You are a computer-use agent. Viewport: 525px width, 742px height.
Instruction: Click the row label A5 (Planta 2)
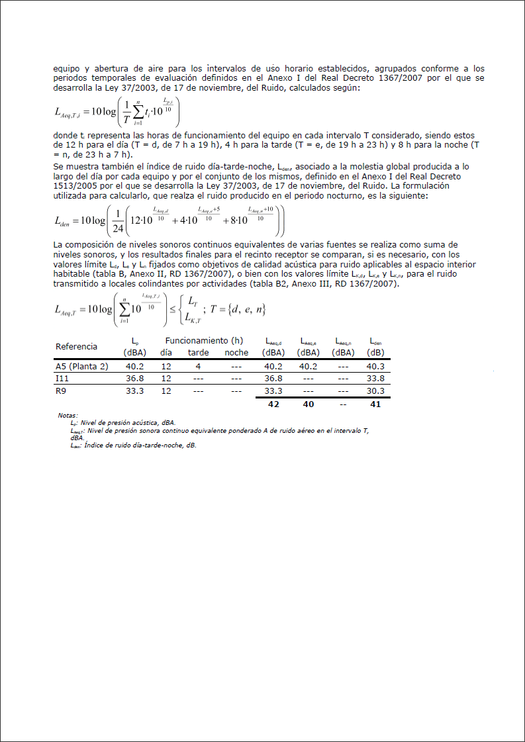coord(81,366)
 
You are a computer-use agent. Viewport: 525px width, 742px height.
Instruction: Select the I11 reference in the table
coord(62,378)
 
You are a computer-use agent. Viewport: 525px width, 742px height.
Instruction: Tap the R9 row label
coord(60,391)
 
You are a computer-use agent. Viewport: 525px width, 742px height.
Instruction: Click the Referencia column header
coord(76,346)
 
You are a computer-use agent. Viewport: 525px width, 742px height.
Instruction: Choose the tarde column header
coord(198,353)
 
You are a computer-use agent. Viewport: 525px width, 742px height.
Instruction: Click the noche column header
coord(236,353)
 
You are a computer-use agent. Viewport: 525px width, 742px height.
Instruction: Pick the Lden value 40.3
coord(375,366)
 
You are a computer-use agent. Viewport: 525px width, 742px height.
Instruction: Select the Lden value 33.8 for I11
coord(375,378)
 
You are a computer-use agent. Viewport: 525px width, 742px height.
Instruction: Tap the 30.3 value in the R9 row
coord(375,391)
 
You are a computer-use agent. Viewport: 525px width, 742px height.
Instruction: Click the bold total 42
coord(273,404)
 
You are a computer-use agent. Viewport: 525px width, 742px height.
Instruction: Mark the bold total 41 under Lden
coord(375,404)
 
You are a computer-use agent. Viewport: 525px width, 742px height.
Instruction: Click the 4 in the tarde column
coord(198,366)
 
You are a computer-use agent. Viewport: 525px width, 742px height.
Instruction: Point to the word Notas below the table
coord(68,415)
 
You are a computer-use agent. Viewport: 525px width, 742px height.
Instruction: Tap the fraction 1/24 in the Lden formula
coord(118,221)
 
